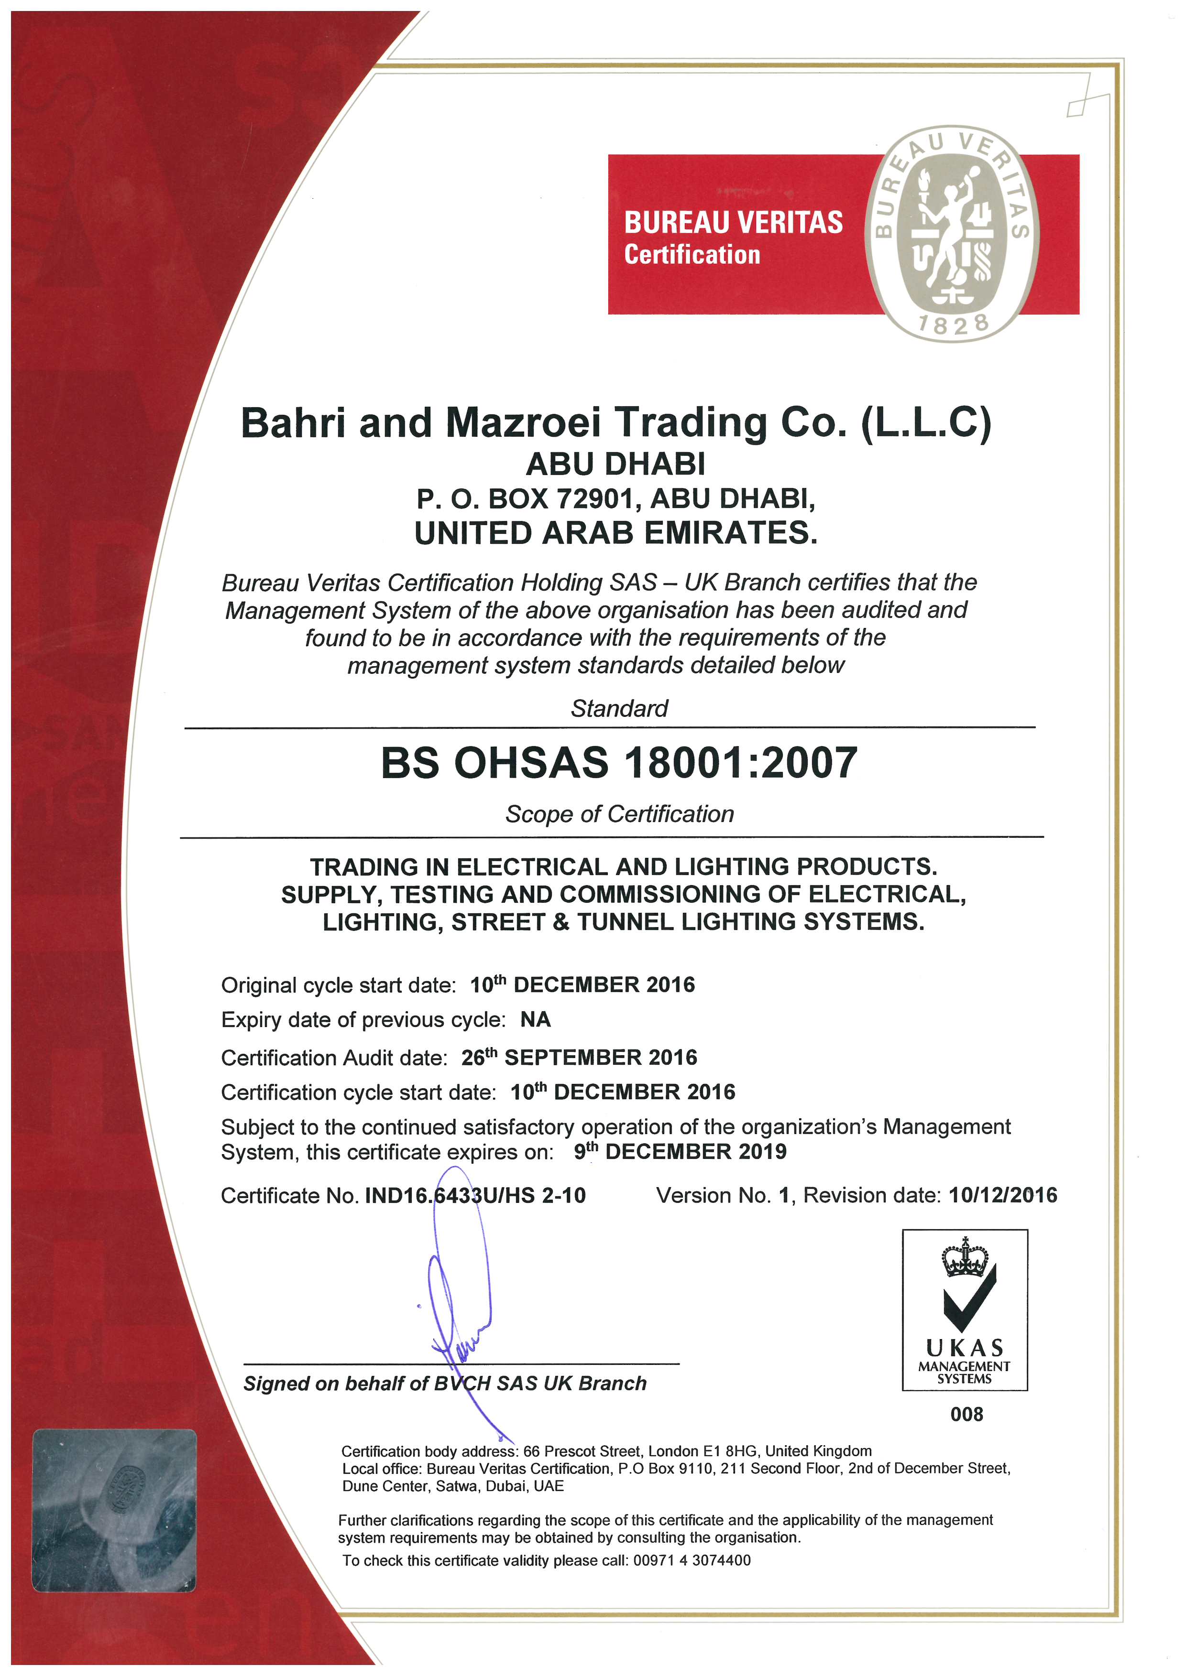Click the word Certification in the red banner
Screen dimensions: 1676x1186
point(692,255)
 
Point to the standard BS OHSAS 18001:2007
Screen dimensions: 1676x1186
point(618,763)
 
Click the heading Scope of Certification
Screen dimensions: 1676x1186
point(619,814)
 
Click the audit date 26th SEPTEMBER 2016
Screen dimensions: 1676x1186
point(579,1057)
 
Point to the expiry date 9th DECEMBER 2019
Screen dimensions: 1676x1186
point(680,1151)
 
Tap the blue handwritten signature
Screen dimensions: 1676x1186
point(459,1307)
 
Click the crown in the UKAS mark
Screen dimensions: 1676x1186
point(965,1257)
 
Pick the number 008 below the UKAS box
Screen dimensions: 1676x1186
point(966,1414)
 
